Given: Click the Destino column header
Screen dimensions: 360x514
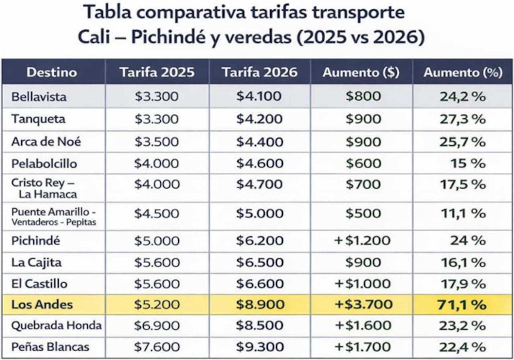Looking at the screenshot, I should [51, 72].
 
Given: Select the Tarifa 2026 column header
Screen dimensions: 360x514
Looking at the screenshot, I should [259, 72].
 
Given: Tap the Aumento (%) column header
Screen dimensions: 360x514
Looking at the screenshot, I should [463, 72].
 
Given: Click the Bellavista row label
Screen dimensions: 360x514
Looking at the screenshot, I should [39, 97].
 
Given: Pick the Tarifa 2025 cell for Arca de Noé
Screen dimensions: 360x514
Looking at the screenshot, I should [157, 142].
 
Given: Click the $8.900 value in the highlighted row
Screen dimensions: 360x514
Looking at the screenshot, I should [259, 304].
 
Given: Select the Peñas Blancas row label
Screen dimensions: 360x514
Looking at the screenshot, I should [50, 347].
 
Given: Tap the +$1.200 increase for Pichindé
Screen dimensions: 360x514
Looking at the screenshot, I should [363, 241].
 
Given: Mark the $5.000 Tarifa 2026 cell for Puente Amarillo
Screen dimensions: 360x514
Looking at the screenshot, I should [259, 214].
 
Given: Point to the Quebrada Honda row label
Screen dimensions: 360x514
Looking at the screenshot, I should [56, 325].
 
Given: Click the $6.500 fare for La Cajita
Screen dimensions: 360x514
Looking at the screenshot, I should [259, 262].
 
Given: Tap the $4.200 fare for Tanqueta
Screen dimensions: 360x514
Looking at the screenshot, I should [259, 119].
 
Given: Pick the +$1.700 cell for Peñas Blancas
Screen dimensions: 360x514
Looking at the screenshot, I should [363, 347].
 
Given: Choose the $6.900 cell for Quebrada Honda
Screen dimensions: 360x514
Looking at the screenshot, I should [157, 325].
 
